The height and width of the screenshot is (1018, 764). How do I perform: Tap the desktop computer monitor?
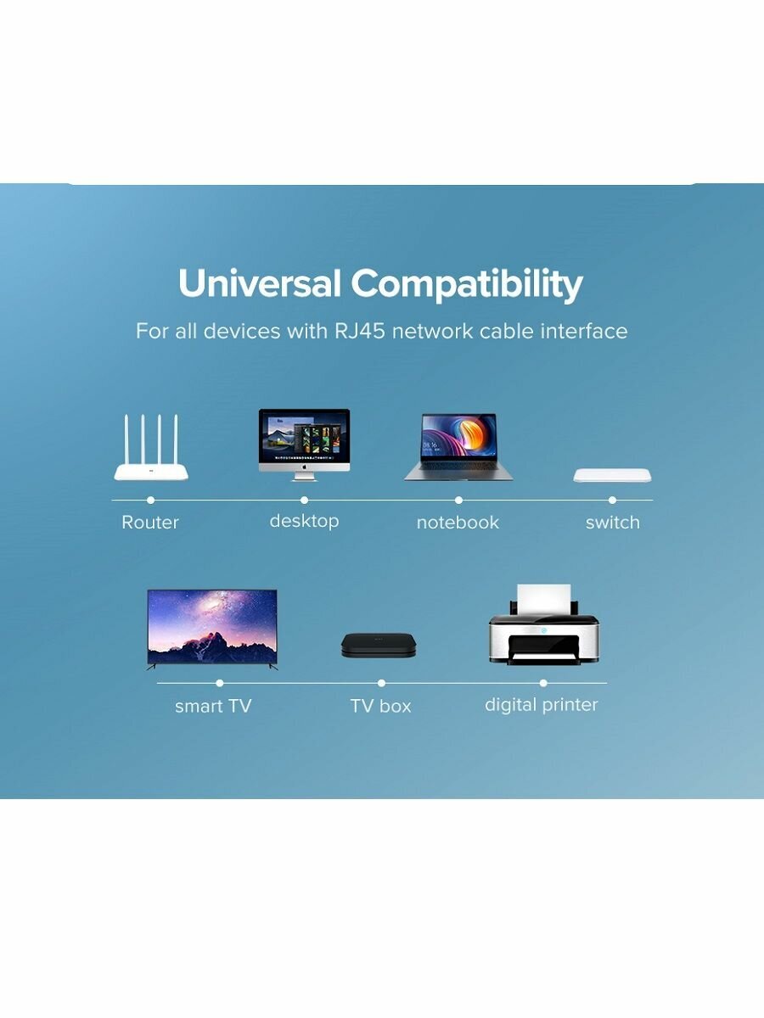pyautogui.click(x=304, y=445)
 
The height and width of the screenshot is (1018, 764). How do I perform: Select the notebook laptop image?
pyautogui.click(x=458, y=447)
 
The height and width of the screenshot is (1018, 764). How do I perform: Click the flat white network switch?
pyautogui.click(x=612, y=475)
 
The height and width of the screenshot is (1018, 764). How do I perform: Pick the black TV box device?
pyautogui.click(x=379, y=645)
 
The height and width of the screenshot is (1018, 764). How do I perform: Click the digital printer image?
pyautogui.click(x=543, y=624)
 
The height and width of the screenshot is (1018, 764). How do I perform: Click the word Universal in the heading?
pyautogui.click(x=260, y=282)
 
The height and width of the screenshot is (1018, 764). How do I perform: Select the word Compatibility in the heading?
pyautogui.click(x=467, y=285)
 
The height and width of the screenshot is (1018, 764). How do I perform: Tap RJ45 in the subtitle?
pyautogui.click(x=360, y=331)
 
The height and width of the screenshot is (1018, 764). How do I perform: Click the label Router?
pyautogui.click(x=150, y=523)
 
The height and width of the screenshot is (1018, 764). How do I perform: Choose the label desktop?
pyautogui.click(x=304, y=521)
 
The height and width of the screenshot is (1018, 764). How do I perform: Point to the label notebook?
pyautogui.click(x=458, y=523)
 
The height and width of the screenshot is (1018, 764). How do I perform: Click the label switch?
pyautogui.click(x=613, y=523)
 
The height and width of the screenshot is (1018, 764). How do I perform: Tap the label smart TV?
pyautogui.click(x=213, y=706)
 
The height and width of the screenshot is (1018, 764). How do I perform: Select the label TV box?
pyautogui.click(x=381, y=706)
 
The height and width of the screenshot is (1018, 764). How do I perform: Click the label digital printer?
pyautogui.click(x=542, y=706)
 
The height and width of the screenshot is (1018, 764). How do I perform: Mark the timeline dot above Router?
pyautogui.click(x=151, y=500)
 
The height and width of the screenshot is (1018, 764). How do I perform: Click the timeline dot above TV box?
pyautogui.click(x=381, y=683)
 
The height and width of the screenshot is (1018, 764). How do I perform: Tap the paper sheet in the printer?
pyautogui.click(x=543, y=599)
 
